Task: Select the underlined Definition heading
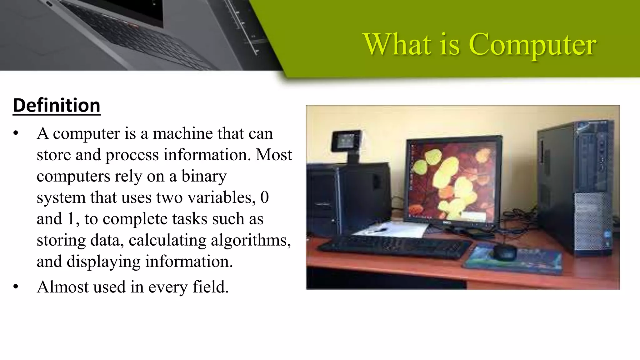(57, 106)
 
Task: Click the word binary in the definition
(204, 176)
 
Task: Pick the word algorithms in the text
(251, 240)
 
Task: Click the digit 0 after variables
(264, 197)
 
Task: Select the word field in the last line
(210, 287)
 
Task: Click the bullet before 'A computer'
(16, 133)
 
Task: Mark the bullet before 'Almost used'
(16, 287)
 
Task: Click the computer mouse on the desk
(504, 252)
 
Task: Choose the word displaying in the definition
(103, 262)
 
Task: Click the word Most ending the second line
(274, 155)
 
